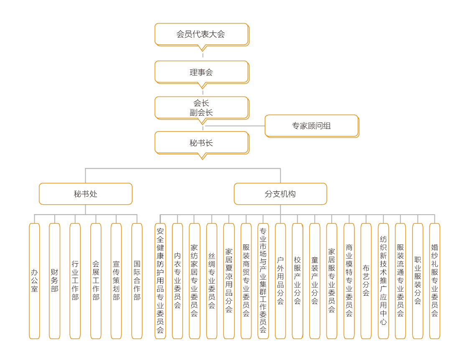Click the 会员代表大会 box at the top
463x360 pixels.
pos(201,34)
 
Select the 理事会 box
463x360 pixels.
pos(201,72)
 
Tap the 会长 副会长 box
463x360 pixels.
pos(201,108)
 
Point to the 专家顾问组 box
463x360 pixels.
pos(311,126)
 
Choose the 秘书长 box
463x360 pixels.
pos(201,143)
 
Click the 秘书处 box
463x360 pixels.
pos(86,194)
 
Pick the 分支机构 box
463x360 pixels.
pos(280,194)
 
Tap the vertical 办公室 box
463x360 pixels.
pos(34,281)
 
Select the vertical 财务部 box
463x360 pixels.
pos(54,281)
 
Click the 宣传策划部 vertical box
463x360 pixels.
pos(116,281)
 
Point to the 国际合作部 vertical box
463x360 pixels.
pos(137,281)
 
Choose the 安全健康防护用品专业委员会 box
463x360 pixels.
pos(160,281)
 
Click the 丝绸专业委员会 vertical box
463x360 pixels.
pos(212,281)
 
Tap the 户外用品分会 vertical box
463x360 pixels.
pos(280,281)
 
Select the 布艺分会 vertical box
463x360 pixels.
pos(366,281)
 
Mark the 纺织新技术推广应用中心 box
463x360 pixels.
pos(383,281)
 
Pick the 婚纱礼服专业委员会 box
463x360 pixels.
pos(435,281)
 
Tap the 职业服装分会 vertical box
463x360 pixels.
pos(417,281)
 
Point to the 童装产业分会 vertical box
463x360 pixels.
pos(315,281)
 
